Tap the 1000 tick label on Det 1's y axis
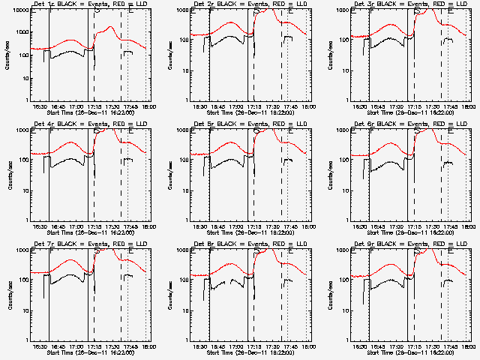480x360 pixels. pos(23,10)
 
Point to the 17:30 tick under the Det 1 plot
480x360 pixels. pos(112,106)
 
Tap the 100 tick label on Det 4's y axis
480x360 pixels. pos(25,160)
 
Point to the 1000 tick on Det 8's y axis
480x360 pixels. pos(183,250)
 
